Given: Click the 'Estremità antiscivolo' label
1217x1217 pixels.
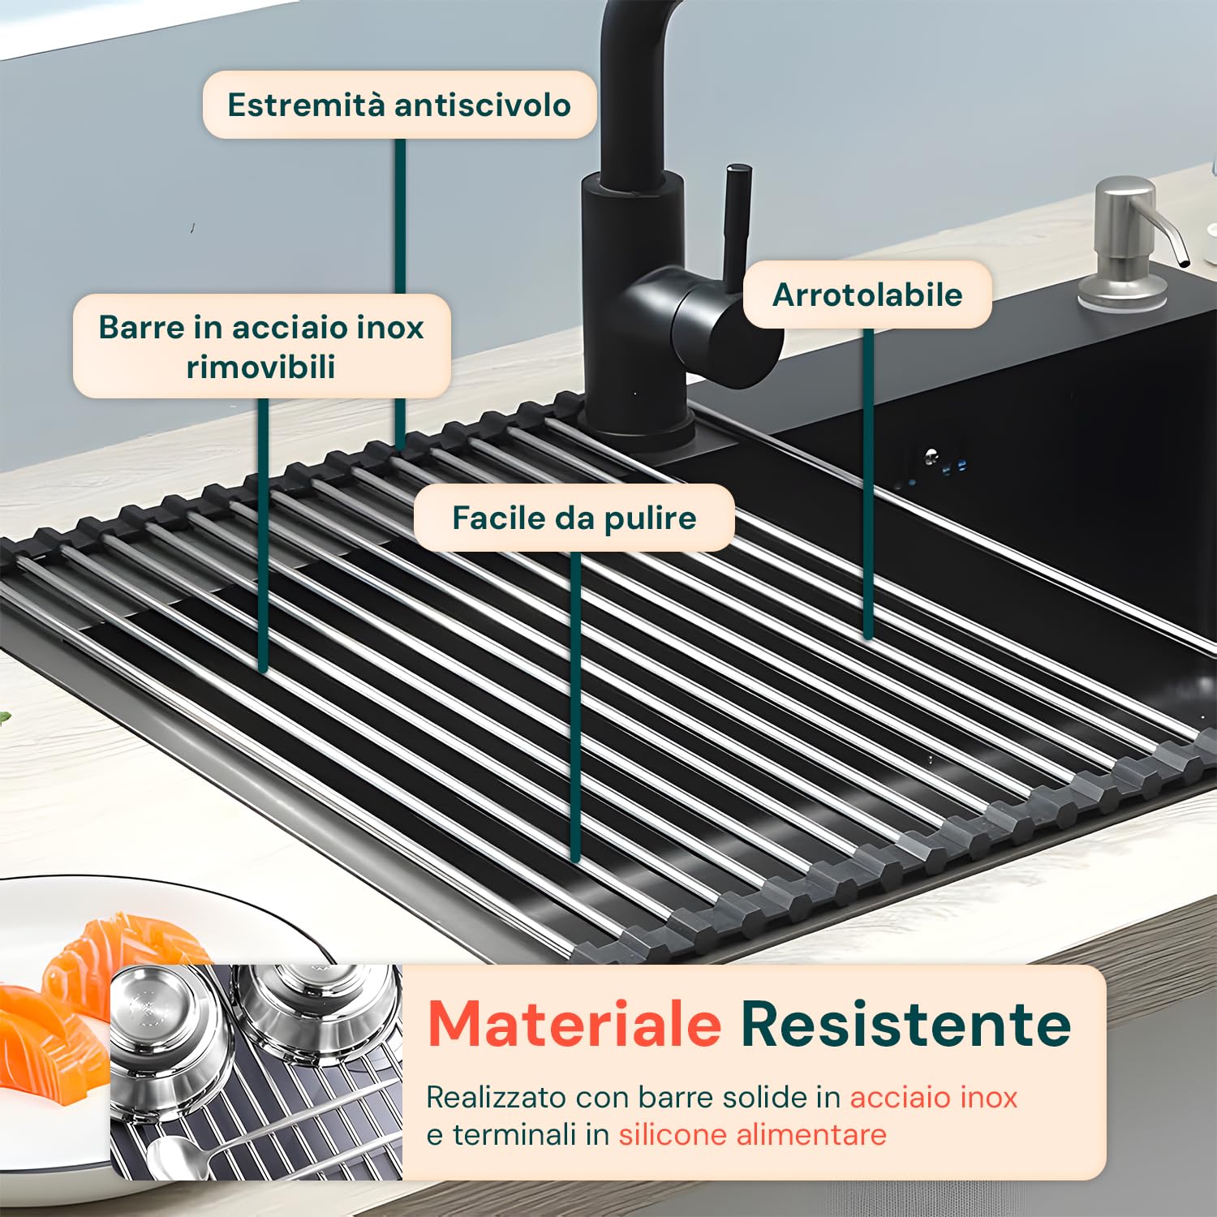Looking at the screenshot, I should click(399, 105).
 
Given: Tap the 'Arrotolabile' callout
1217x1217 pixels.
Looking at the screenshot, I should click(867, 295).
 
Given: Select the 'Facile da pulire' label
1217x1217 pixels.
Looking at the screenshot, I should click(574, 518).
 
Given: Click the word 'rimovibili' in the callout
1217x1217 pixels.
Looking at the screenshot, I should click(260, 367).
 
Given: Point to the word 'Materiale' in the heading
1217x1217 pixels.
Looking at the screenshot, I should click(574, 1024).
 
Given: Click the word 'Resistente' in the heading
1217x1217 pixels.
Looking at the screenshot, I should click(905, 1024).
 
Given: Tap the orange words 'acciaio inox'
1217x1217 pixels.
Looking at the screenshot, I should click(933, 1097).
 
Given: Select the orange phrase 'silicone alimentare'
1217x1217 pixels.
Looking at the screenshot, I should click(752, 1134).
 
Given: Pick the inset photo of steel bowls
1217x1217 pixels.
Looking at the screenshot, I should click(256, 1071).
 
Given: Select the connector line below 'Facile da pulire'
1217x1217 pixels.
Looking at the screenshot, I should click(575, 706).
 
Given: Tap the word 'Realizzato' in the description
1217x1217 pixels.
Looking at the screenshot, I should click(496, 1097).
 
